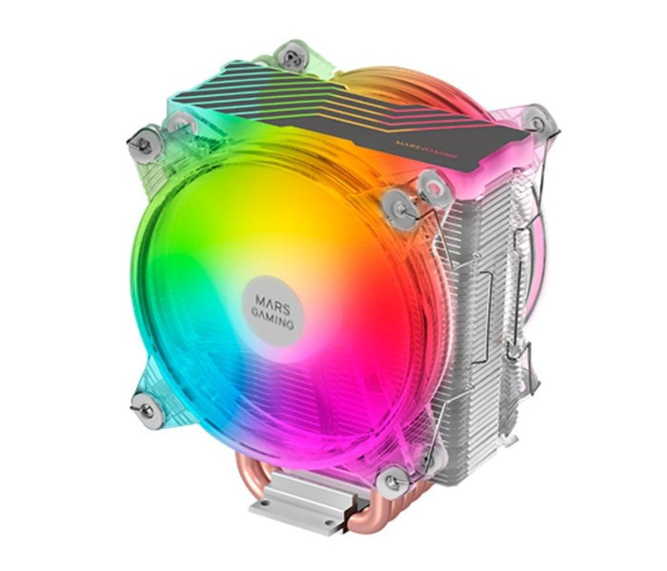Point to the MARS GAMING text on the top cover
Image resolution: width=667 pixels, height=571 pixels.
click(426, 149)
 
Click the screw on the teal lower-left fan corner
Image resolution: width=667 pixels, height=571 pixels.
click(148, 410)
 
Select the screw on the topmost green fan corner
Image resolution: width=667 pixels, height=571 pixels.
click(292, 56)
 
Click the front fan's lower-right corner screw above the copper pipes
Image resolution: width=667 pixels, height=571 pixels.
click(394, 482)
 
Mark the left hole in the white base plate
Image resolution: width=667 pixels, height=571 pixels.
click(266, 503)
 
